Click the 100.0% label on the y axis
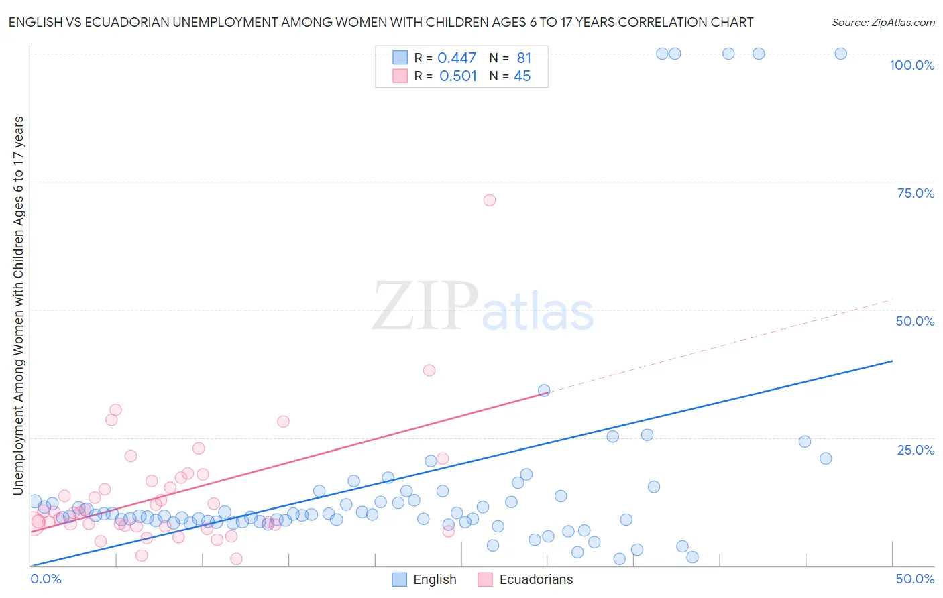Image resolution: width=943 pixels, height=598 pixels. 911,65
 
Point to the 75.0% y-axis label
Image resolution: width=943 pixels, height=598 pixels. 916,193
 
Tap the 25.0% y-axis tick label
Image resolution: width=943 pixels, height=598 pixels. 916,450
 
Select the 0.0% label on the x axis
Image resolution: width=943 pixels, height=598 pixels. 46,579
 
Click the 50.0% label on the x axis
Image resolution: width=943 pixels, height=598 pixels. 915,579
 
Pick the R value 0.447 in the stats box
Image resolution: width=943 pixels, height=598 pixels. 457,58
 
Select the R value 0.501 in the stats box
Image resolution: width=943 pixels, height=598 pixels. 458,76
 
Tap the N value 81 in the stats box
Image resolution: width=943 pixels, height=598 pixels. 524,58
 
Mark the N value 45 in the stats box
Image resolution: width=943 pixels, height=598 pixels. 522,76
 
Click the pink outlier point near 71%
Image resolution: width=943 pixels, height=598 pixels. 490,200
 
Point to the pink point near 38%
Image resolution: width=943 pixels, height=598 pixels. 429,370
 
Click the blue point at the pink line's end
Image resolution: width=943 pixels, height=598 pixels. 544,390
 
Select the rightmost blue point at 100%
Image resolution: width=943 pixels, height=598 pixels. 840,54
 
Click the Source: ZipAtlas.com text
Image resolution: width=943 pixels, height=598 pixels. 883,23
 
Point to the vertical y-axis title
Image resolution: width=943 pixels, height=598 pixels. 19,305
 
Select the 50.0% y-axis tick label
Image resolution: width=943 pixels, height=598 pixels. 915,321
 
